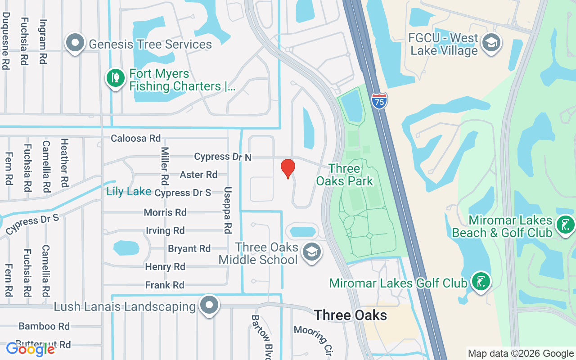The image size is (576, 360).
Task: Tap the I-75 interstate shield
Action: click(379, 100)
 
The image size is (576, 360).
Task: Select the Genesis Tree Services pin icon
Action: click(75, 44)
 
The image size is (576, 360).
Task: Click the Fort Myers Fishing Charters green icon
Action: click(115, 78)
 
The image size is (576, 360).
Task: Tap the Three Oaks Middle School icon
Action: click(311, 252)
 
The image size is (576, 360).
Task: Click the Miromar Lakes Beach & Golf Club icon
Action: click(565, 225)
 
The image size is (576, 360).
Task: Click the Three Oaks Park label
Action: click(345, 175)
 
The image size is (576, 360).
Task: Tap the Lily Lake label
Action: click(129, 192)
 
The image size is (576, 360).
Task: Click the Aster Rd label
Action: click(198, 175)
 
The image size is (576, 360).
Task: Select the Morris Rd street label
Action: click(165, 212)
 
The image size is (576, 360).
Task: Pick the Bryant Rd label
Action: click(189, 249)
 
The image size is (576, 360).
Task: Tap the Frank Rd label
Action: click(165, 285)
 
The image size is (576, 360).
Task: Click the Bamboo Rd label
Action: click(44, 326)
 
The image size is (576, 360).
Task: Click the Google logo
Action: click(31, 349)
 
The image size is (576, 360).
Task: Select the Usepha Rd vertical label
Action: click(228, 210)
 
